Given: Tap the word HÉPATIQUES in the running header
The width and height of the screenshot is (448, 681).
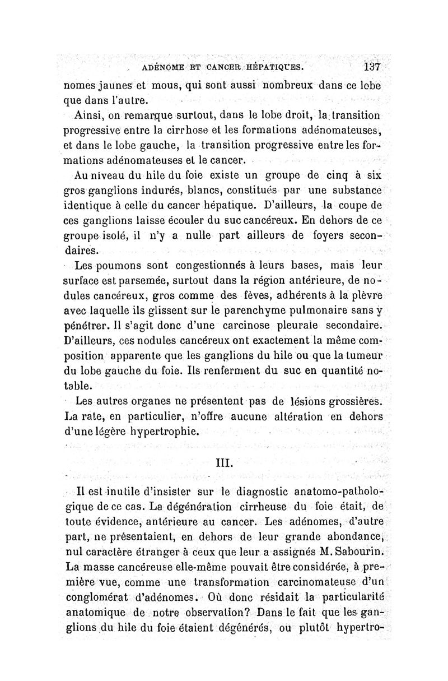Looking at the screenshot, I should point(273,68).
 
